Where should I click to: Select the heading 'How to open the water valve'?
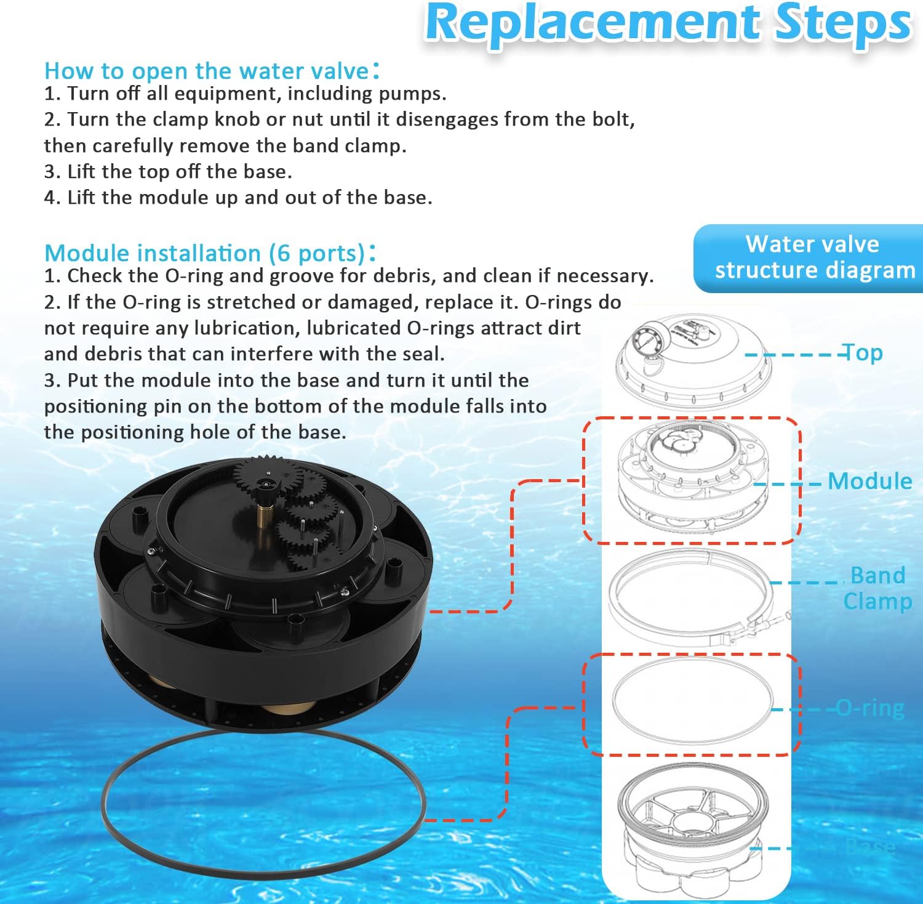pos(206,71)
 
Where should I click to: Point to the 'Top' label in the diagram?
pos(863,353)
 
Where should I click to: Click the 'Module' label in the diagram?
pos(869,481)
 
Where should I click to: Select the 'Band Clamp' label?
pos(877,588)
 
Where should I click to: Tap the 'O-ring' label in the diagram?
pos(870,708)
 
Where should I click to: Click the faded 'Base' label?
pos(870,847)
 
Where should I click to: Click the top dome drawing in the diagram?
pos(692,363)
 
